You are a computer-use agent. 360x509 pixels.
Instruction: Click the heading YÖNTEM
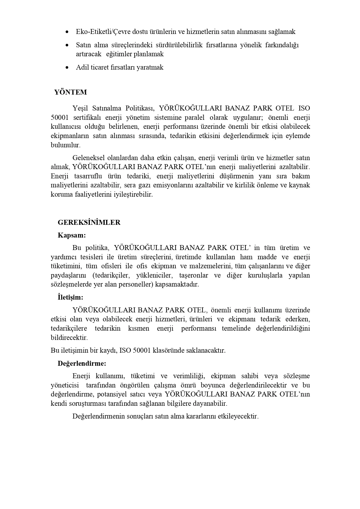[x=70, y=92]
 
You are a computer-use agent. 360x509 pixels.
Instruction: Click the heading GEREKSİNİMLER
[x=89, y=222]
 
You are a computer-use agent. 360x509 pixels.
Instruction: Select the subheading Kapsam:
[x=72, y=235]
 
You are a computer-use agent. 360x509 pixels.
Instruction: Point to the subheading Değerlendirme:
[x=82, y=363]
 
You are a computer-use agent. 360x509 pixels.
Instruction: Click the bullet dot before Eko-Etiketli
[x=67, y=32]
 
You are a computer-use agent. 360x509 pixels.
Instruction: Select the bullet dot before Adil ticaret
[x=67, y=68]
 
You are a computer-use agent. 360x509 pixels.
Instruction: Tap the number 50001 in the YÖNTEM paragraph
[x=60, y=117]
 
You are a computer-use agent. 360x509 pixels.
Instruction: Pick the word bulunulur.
[x=66, y=145]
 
